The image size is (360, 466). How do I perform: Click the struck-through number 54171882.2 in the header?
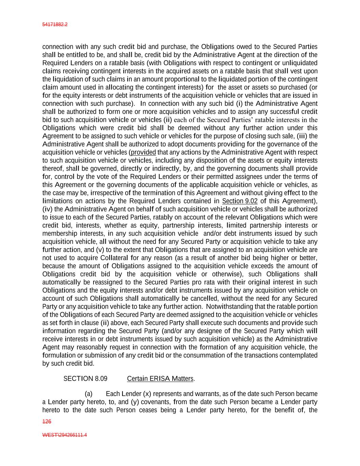pyautogui.click(x=55, y=25)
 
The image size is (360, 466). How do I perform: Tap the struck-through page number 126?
pyautogui.click(x=47, y=422)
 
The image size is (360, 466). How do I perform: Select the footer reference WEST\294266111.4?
pyautogui.click(x=64, y=435)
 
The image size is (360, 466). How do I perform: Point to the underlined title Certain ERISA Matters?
pyautogui.click(x=160, y=379)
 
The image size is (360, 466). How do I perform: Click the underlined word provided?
pyautogui.click(x=143, y=152)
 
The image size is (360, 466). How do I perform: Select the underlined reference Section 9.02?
pyautogui.click(x=240, y=201)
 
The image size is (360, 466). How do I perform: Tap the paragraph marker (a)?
pyautogui.click(x=88, y=394)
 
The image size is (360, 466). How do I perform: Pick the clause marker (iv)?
pyautogui.click(x=47, y=209)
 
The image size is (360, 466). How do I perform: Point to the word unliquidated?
pyautogui.click(x=300, y=63)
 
